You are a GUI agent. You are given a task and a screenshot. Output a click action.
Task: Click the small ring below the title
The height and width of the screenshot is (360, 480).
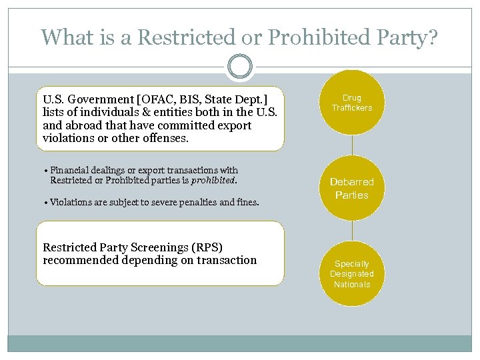pyautogui.click(x=240, y=67)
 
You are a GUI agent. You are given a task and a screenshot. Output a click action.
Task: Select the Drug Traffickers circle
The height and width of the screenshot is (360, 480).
pyautogui.click(x=352, y=103)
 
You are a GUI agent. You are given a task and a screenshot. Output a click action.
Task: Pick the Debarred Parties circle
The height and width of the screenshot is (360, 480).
pyautogui.click(x=352, y=188)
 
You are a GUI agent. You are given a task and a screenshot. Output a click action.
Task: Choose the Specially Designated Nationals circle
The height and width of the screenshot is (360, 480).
pyautogui.click(x=352, y=273)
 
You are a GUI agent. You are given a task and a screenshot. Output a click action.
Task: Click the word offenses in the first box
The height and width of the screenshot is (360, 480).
pyautogui.click(x=165, y=139)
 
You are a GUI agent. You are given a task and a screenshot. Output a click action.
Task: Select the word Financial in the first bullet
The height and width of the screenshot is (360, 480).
pyautogui.click(x=68, y=171)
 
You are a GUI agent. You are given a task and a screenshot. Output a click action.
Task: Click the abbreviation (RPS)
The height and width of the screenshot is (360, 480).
pyautogui.click(x=204, y=247)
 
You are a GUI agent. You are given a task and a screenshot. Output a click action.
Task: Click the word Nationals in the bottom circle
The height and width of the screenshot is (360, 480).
pyautogui.click(x=352, y=284)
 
